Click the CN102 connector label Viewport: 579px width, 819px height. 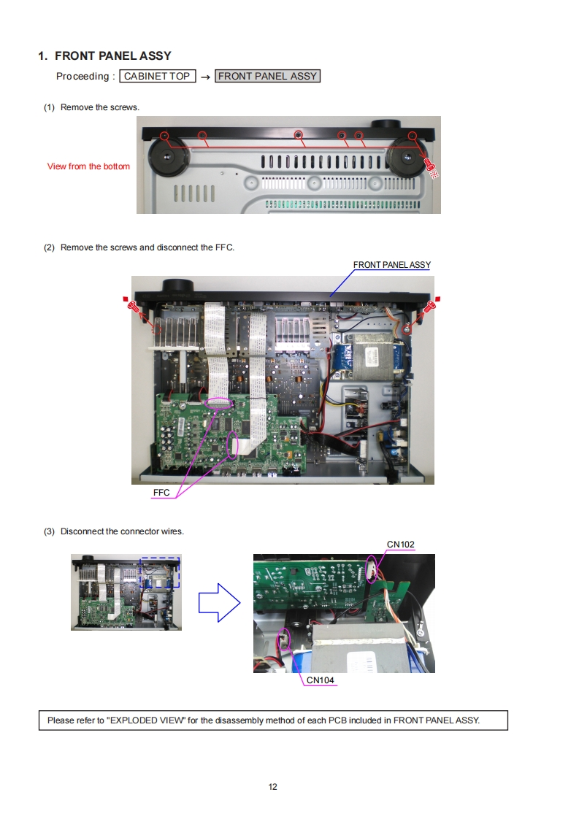[x=400, y=545]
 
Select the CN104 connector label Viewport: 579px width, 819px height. [x=320, y=680]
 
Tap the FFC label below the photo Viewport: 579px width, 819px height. [x=161, y=493]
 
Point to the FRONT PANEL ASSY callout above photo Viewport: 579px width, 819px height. [x=392, y=265]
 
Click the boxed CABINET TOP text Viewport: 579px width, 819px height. [x=157, y=76]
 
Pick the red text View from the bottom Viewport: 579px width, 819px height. [x=88, y=166]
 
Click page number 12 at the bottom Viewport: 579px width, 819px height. [x=273, y=787]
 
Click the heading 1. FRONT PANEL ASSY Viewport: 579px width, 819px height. [x=104, y=56]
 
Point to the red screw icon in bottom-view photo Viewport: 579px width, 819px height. [x=431, y=167]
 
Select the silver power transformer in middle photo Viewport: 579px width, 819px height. [x=373, y=356]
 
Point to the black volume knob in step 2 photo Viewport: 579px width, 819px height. [x=179, y=287]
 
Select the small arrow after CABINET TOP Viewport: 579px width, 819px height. [x=205, y=77]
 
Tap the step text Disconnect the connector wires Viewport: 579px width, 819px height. [x=122, y=531]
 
